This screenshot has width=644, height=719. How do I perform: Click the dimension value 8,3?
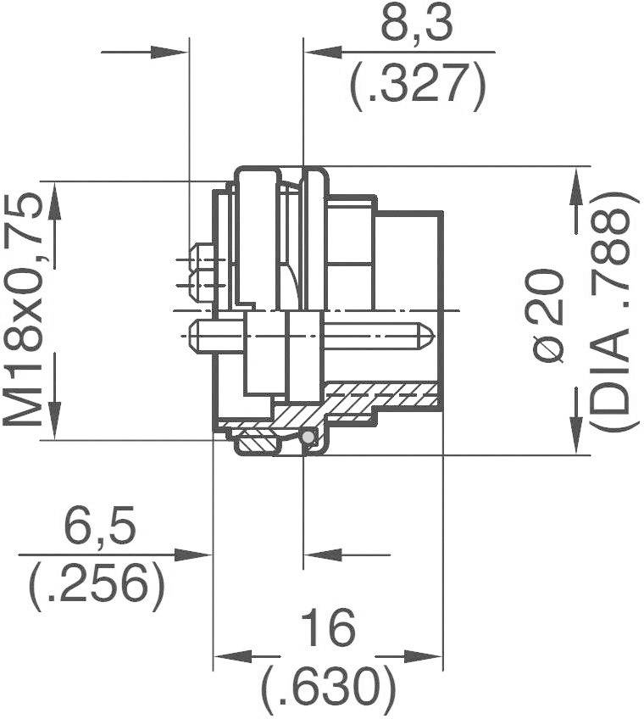pos(417,28)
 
